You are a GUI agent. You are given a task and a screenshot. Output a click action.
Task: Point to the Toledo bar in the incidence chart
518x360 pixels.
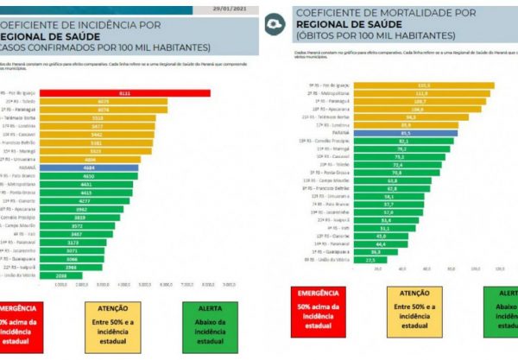pyautogui.click(x=103, y=101)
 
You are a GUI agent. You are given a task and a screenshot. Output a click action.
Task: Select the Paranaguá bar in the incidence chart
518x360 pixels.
pyautogui.click(x=103, y=110)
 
